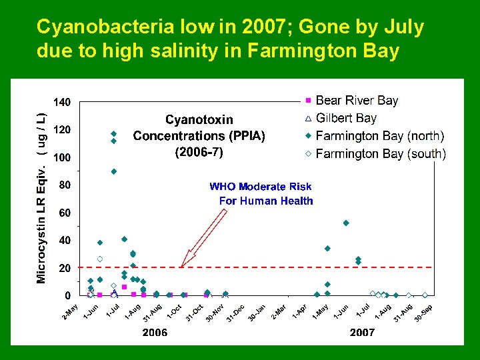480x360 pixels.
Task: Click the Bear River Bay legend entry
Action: (357, 101)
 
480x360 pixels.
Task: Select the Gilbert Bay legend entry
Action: (346, 119)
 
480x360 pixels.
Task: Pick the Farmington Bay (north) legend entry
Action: (379, 136)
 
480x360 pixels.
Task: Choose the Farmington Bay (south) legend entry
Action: (381, 154)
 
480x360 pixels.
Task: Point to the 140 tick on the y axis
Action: (62, 102)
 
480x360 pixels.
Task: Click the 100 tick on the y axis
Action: (62, 157)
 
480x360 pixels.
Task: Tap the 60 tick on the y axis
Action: (65, 213)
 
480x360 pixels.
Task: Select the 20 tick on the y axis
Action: (65, 268)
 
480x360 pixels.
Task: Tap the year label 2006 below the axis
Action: (155, 333)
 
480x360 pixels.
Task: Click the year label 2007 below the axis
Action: (362, 333)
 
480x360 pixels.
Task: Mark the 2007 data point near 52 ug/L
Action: (346, 223)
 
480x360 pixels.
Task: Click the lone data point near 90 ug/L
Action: (114, 171)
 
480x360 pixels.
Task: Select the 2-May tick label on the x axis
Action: (71, 311)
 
